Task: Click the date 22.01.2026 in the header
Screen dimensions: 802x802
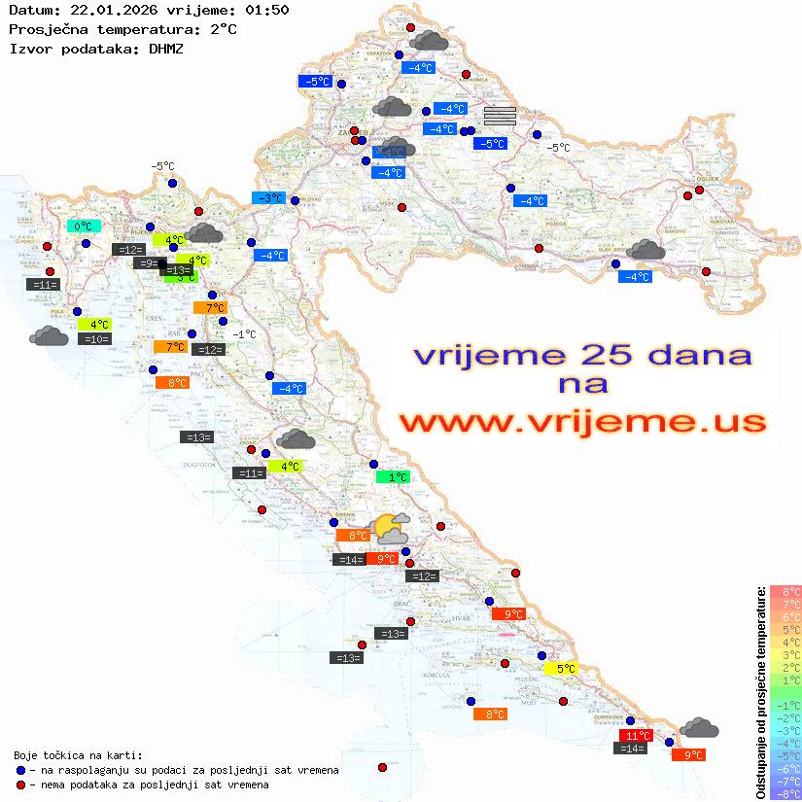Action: coord(104,11)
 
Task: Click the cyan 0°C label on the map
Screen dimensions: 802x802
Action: coord(84,227)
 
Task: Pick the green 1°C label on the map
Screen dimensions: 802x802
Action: coord(394,477)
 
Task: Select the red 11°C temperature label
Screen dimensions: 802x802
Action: coord(637,736)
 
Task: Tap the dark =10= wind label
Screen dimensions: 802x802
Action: coord(95,339)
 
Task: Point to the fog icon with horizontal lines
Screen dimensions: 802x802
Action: coord(500,116)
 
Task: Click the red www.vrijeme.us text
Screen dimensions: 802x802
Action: coord(582,423)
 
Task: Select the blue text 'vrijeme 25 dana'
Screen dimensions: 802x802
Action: coord(582,355)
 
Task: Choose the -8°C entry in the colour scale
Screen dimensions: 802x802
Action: coord(785,793)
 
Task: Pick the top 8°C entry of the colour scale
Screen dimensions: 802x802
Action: coord(785,591)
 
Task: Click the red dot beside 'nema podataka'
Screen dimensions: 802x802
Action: coord(20,785)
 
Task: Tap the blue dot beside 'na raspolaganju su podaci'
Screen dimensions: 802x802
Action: coord(20,770)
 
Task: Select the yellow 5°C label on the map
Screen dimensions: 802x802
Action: coord(562,668)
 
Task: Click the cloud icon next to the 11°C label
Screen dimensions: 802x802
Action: coord(699,727)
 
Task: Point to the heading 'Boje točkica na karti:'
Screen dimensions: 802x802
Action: coord(78,754)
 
